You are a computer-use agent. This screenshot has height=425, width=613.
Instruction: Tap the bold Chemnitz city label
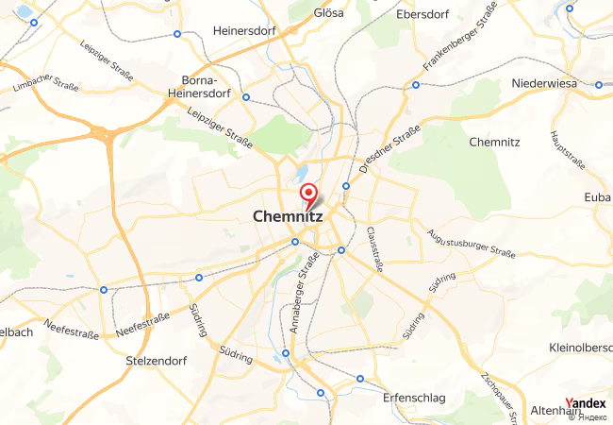click(x=288, y=216)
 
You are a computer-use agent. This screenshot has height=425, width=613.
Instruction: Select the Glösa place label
click(x=329, y=13)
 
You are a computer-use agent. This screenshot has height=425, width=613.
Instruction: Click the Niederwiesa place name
click(x=543, y=83)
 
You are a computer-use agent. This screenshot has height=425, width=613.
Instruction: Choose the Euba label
click(x=597, y=196)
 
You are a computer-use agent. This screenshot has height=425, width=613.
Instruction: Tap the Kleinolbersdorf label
click(x=580, y=348)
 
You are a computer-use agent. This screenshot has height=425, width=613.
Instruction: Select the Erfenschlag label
click(x=414, y=398)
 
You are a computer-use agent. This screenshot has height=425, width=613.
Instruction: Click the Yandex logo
click(x=586, y=403)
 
